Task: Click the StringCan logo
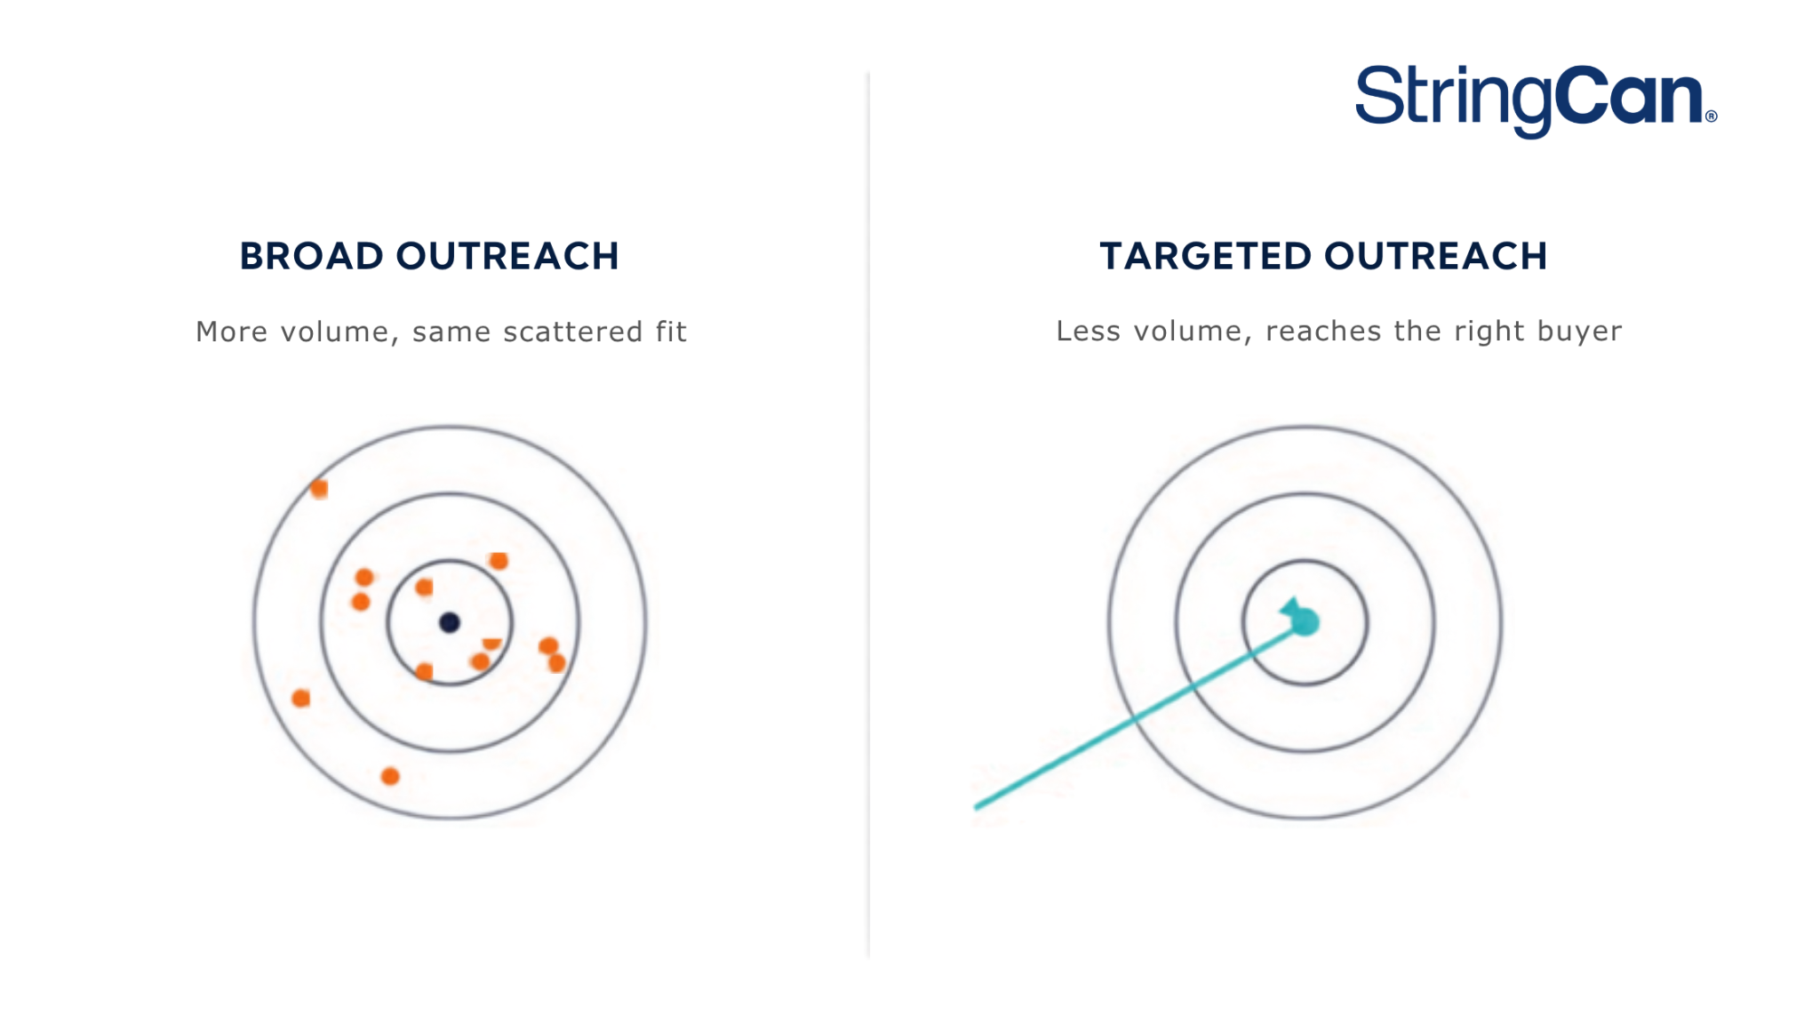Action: pos(1536,100)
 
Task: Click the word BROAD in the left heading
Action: pos(312,256)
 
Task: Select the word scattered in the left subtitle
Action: pos(573,332)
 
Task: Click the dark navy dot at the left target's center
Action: pos(450,622)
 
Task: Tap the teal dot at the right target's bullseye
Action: pos(1305,622)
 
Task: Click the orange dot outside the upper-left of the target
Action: pos(319,489)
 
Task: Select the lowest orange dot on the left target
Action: pos(390,776)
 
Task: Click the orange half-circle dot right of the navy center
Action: pos(491,644)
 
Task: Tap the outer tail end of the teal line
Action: pos(977,807)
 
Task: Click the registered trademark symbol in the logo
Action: pos(1712,116)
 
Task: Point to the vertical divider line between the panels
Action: pos(869,514)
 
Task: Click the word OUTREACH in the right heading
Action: pos(1436,256)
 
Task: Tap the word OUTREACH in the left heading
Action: pos(507,256)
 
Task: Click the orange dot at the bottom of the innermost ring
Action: pos(425,671)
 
